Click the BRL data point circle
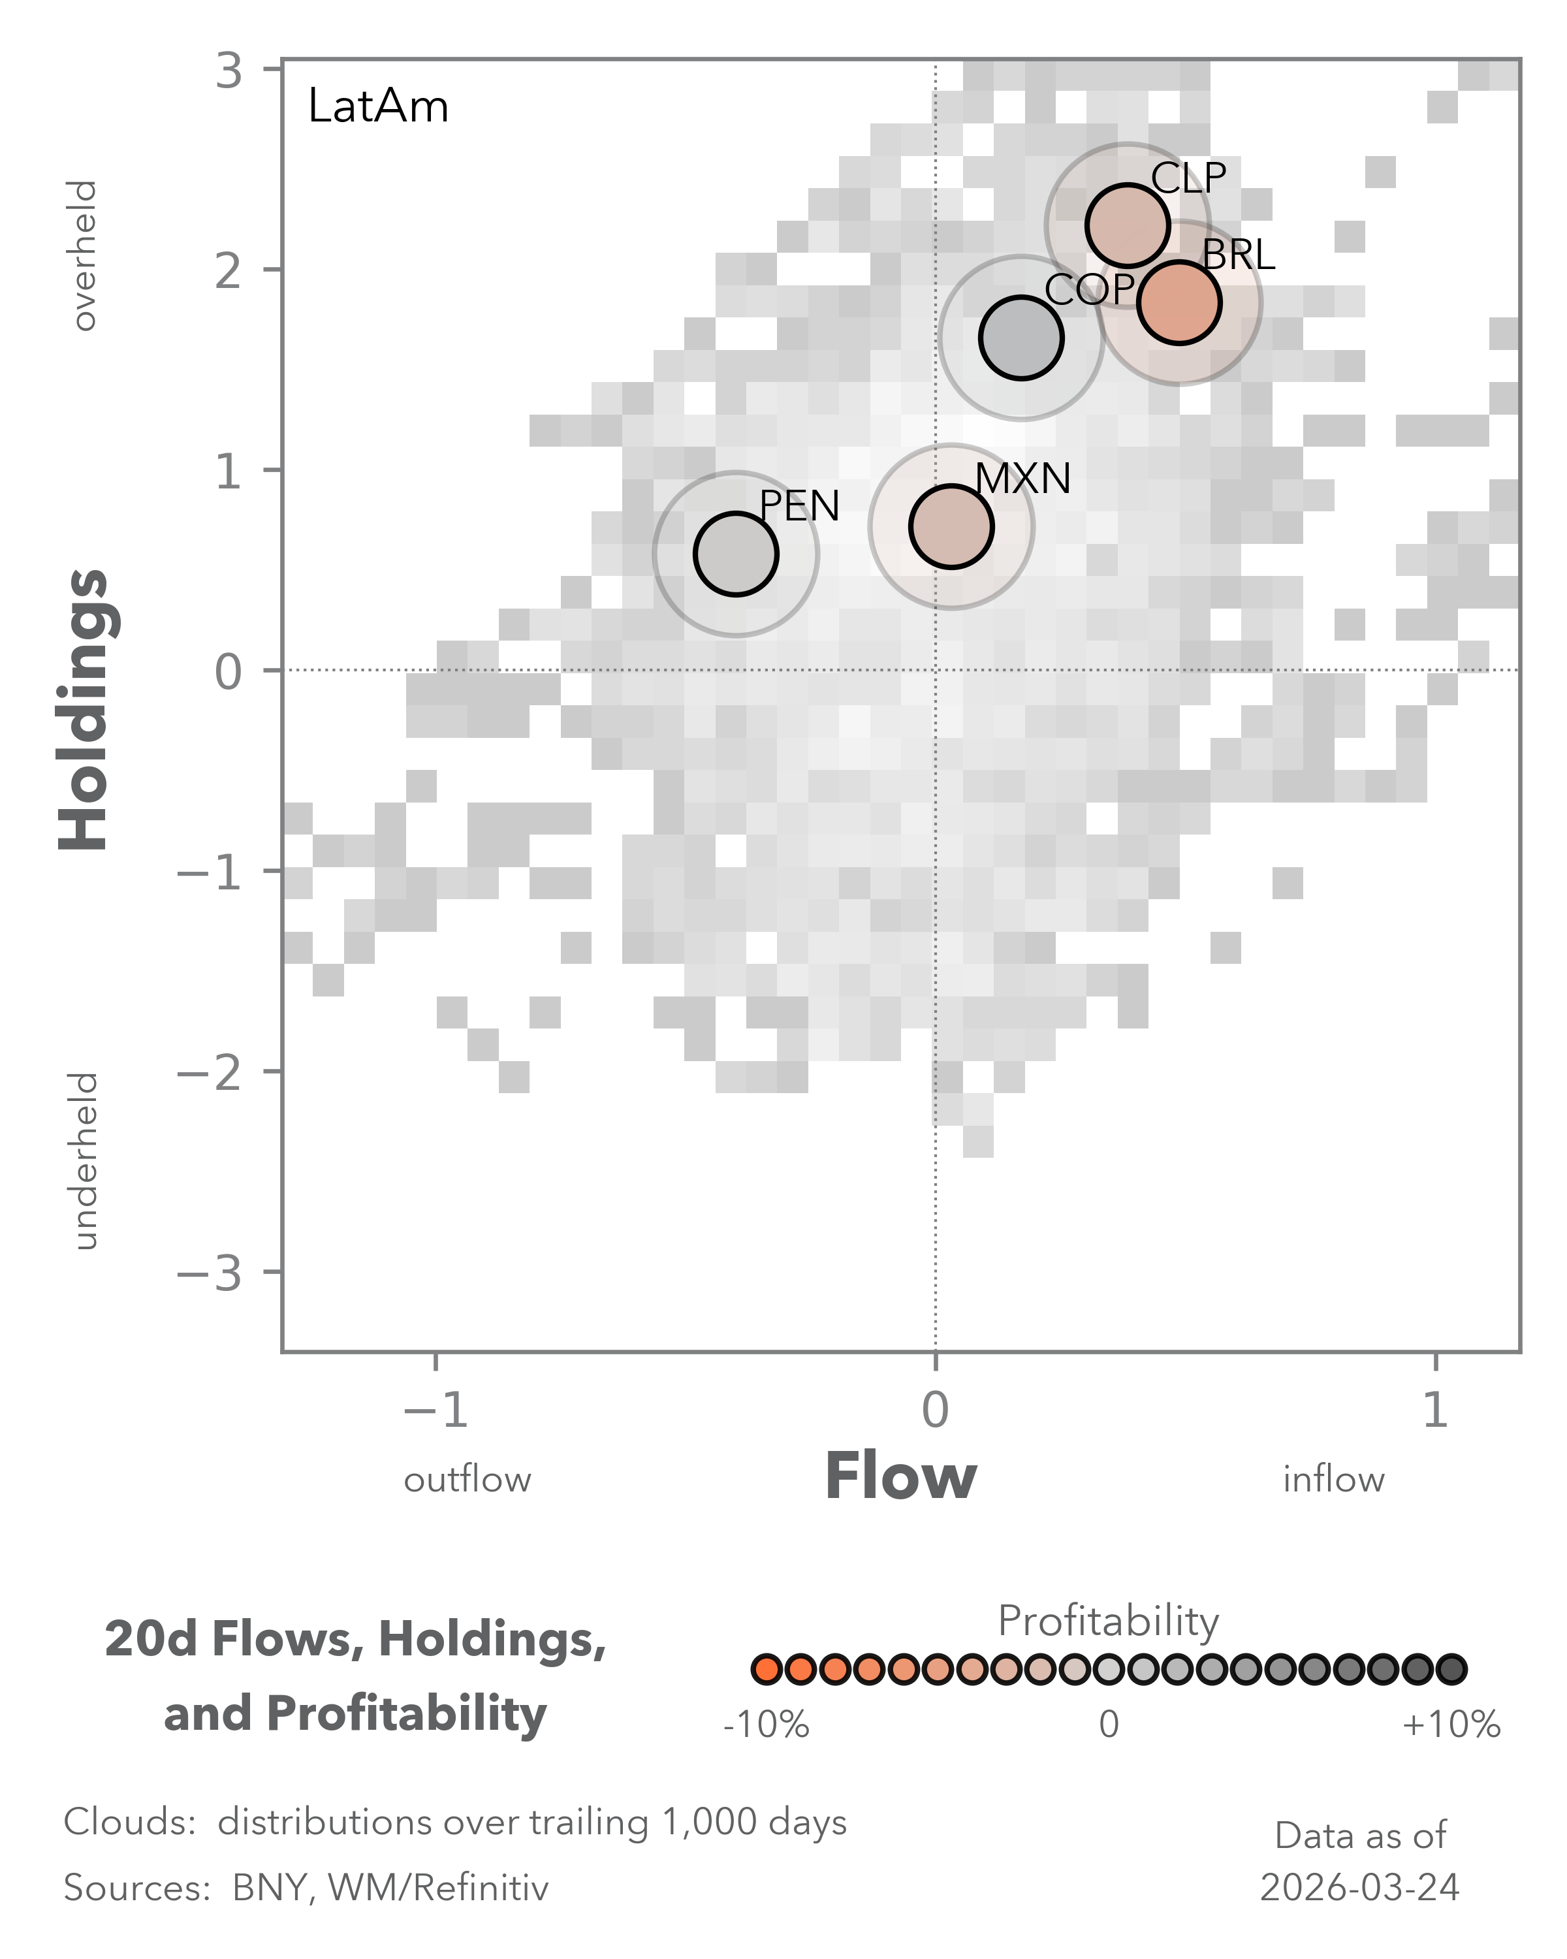pos(1179,302)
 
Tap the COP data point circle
pos(1021,338)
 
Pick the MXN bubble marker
pos(951,526)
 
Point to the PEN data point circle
pos(736,554)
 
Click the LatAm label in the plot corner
pos(378,107)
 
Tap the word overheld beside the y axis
pos(84,255)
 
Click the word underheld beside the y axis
pos(84,1161)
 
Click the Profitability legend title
pos(1108,1621)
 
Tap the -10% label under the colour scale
pos(766,1725)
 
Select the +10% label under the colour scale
pos(1451,1725)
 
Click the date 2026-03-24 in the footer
pos(1359,1888)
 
